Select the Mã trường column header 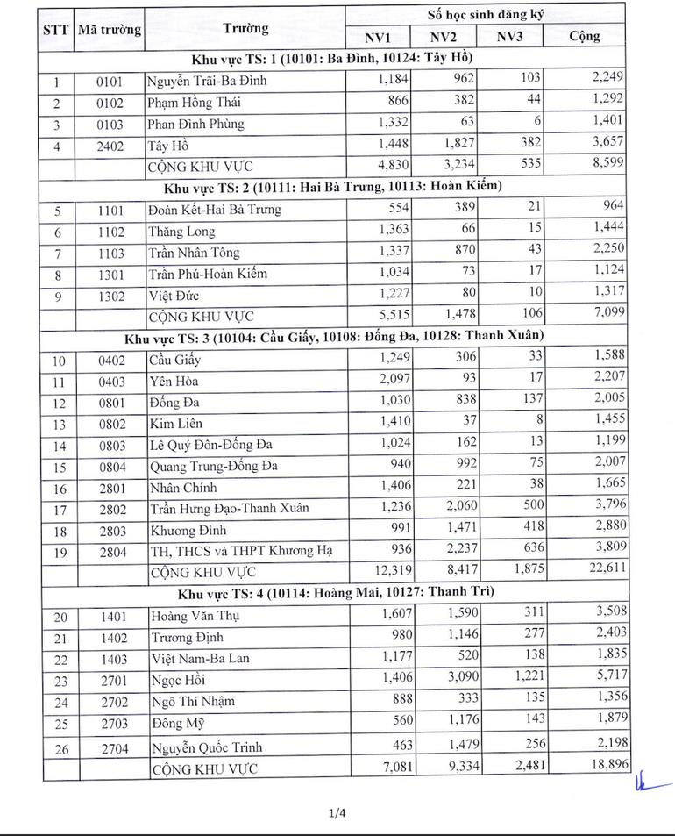point(109,29)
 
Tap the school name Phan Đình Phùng point(195,124)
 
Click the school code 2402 point(111,146)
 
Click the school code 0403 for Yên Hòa point(111,382)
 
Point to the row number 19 point(58,552)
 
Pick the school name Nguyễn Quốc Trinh point(206,747)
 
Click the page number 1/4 point(337,813)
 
